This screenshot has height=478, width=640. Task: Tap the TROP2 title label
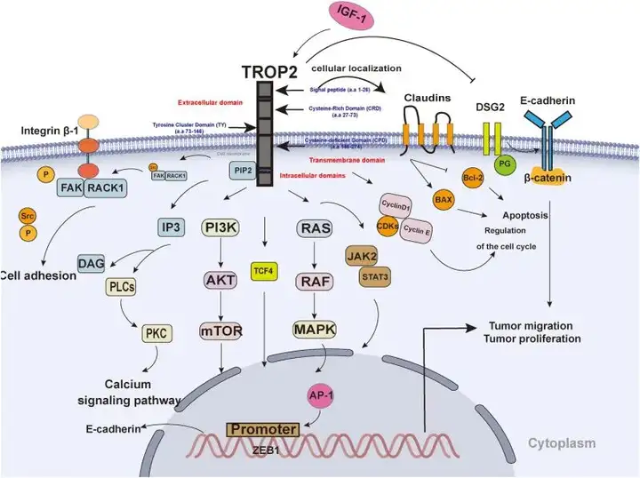[x=267, y=70]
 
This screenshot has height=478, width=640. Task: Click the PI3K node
[x=221, y=227]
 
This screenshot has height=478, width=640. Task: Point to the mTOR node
[x=221, y=330]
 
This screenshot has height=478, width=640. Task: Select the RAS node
[x=313, y=228]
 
